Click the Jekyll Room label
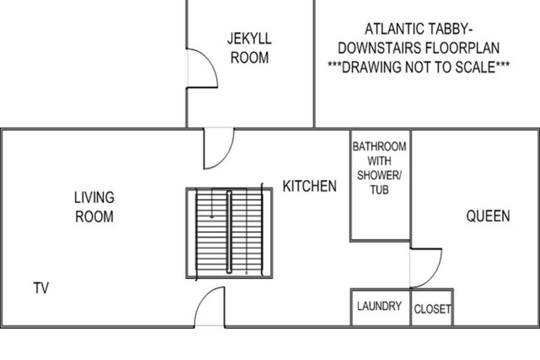(249, 48)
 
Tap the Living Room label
(94, 207)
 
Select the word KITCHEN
(309, 186)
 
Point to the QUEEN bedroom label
(488, 216)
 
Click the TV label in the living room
(41, 288)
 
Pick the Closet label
(432, 309)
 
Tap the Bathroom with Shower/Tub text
(379, 168)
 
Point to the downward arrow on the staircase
(212, 203)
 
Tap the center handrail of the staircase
(229, 232)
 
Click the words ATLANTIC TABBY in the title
(418, 29)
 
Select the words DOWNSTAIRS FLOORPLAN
(418, 48)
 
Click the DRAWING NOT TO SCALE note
(418, 67)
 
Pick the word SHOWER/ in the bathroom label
(379, 175)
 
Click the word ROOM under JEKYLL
(249, 57)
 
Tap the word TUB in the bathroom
(379, 190)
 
